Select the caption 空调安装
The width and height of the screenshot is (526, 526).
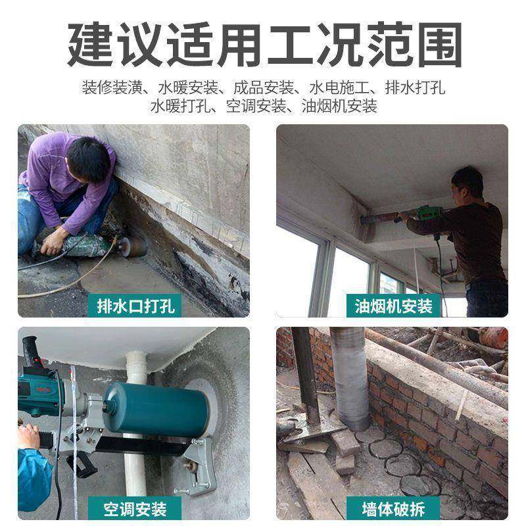[x=135, y=508]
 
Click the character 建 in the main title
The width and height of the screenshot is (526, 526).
[x=91, y=43]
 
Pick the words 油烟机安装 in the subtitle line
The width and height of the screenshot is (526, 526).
[x=339, y=105]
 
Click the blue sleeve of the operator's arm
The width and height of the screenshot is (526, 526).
[x=33, y=473]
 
